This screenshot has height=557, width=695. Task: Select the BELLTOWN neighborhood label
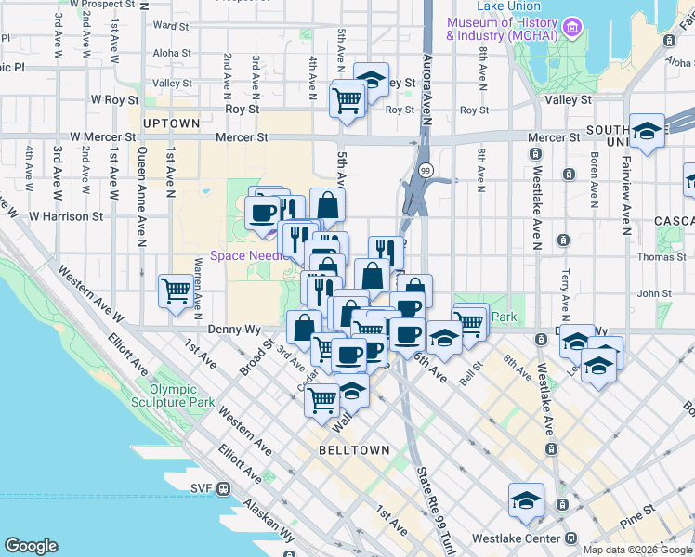(353, 449)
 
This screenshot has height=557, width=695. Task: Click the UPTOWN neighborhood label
(172, 123)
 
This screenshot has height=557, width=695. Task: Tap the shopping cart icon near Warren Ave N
(176, 292)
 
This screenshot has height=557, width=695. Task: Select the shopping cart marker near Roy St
(347, 98)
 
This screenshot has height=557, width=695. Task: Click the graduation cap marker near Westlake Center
(526, 499)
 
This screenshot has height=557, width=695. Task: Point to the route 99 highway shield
(425, 170)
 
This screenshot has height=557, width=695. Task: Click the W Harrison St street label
(66, 216)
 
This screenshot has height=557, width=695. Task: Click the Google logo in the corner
(31, 545)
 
